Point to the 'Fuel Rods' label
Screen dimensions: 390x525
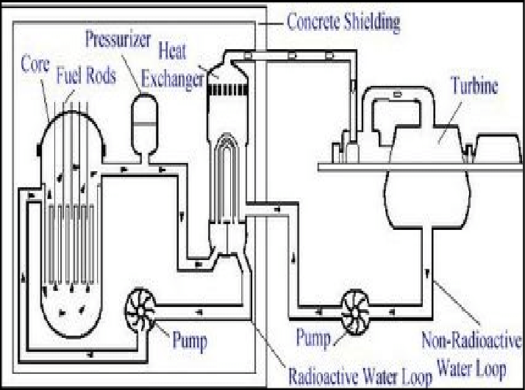pyautogui.click(x=85, y=75)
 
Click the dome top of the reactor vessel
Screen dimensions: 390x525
pyautogui.click(x=72, y=121)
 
